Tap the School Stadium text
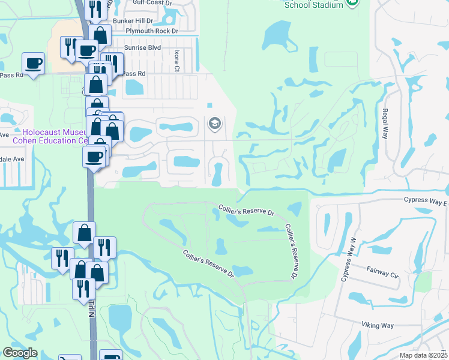pyautogui.click(x=314, y=5)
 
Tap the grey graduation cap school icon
pyautogui.click(x=214, y=124)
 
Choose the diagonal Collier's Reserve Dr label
pyautogui.click(x=208, y=264)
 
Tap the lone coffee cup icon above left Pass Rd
pyautogui.click(x=33, y=63)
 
